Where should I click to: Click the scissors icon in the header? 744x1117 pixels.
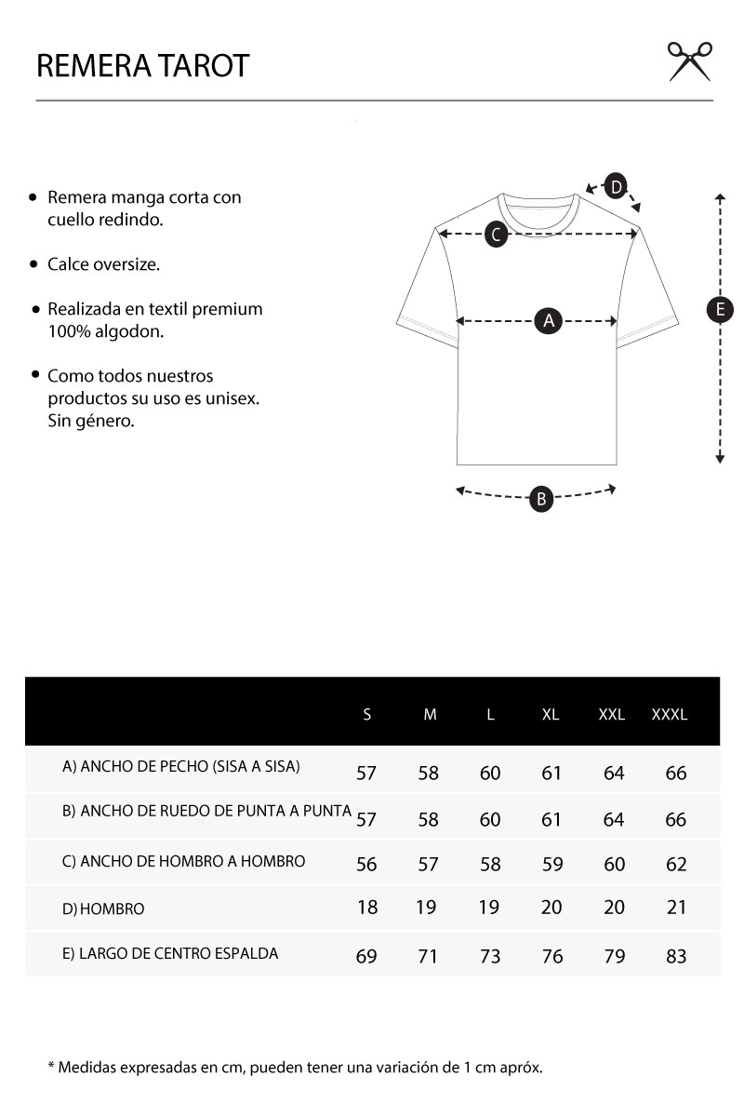tap(690, 61)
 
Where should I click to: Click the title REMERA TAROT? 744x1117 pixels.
tap(142, 66)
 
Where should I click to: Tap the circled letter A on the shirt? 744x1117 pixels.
tap(549, 321)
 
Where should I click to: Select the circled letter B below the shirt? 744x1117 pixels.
tap(541, 499)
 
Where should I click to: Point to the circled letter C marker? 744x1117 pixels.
tap(497, 235)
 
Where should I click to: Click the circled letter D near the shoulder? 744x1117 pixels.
tap(616, 186)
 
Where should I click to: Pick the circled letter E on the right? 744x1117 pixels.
tap(720, 310)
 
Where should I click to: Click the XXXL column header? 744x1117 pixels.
tap(670, 715)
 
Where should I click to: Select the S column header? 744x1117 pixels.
tap(367, 715)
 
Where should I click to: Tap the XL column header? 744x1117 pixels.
tap(551, 715)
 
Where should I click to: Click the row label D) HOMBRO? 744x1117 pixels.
tap(103, 908)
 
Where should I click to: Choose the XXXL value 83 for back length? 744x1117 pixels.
tap(676, 956)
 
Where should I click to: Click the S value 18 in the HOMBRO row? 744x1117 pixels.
tap(367, 907)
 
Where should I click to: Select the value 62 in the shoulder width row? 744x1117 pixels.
tap(676, 864)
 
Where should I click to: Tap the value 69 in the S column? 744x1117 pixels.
tap(367, 956)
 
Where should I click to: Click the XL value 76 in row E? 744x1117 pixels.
tap(552, 956)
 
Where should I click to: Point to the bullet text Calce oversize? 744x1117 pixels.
tap(103, 264)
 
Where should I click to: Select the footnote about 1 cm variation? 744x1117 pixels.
tap(295, 1067)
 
